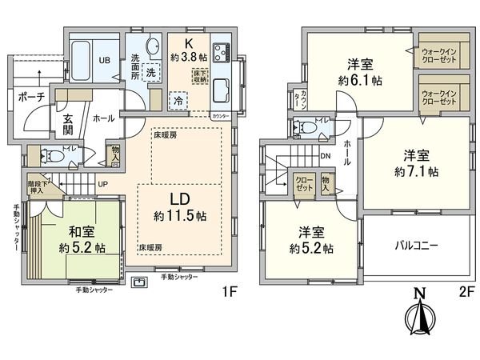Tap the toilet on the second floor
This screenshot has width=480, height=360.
(305, 126)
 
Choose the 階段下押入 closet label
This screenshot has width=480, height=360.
(37, 186)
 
